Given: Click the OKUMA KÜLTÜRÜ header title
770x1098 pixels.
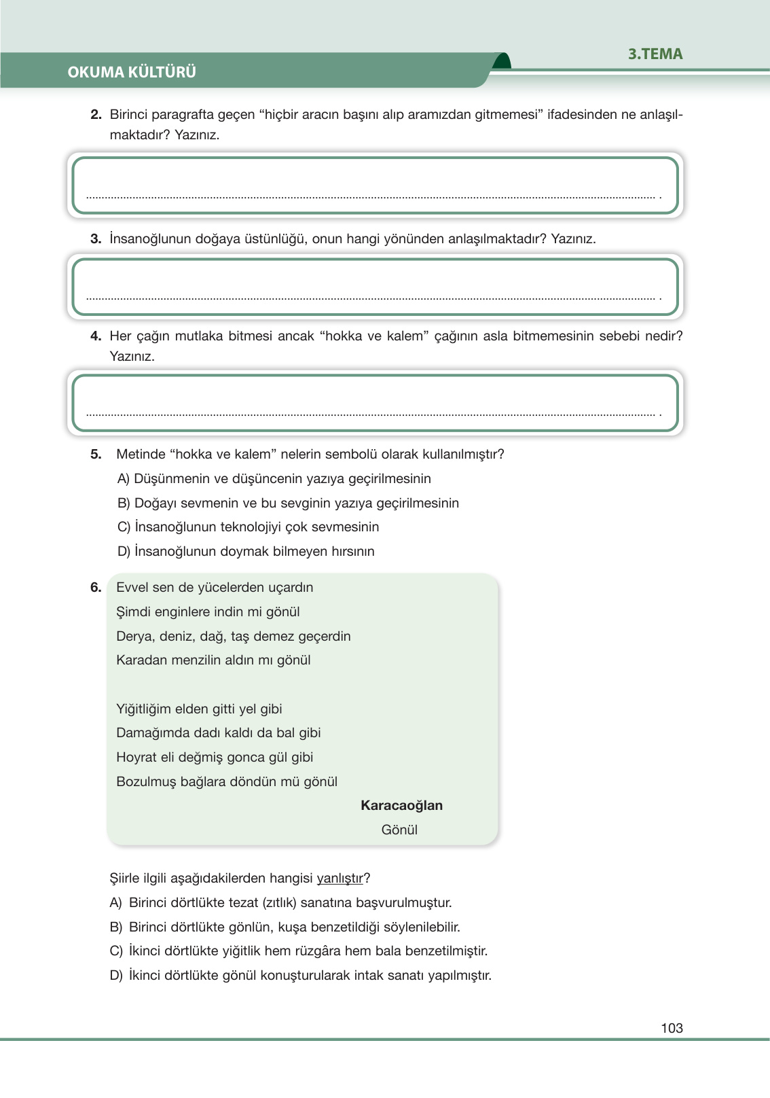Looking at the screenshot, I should tap(132, 72).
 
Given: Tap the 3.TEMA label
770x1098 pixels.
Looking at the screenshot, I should tap(655, 54).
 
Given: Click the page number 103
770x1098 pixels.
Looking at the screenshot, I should tap(671, 1028).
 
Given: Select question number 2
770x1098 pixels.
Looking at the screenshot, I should tap(96, 115).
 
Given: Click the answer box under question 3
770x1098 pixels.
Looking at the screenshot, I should tap(375, 287).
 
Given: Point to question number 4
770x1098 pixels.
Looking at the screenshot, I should tap(96, 336).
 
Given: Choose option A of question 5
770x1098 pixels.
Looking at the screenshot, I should tap(274, 479).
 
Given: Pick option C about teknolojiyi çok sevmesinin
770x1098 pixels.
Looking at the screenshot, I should tap(248, 527).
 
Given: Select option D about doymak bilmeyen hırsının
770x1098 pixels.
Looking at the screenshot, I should tap(246, 552).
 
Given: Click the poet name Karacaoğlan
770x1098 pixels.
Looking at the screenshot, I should tap(401, 806).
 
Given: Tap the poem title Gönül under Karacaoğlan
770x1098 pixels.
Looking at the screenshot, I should tap(399, 830).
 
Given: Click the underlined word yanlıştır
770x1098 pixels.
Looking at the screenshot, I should tap(340, 879).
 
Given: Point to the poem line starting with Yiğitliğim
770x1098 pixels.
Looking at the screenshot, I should tap(199, 709).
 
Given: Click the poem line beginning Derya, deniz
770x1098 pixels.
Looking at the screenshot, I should tap(233, 637).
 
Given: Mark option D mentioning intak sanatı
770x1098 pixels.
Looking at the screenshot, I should tap(300, 976).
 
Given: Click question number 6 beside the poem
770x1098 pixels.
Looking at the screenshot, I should tap(96, 588).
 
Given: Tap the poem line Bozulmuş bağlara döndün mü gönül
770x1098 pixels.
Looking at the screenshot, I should tap(227, 782).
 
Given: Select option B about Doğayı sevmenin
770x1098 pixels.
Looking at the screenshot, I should tap(288, 503).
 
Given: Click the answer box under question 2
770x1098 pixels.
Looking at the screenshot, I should tap(375, 185).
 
